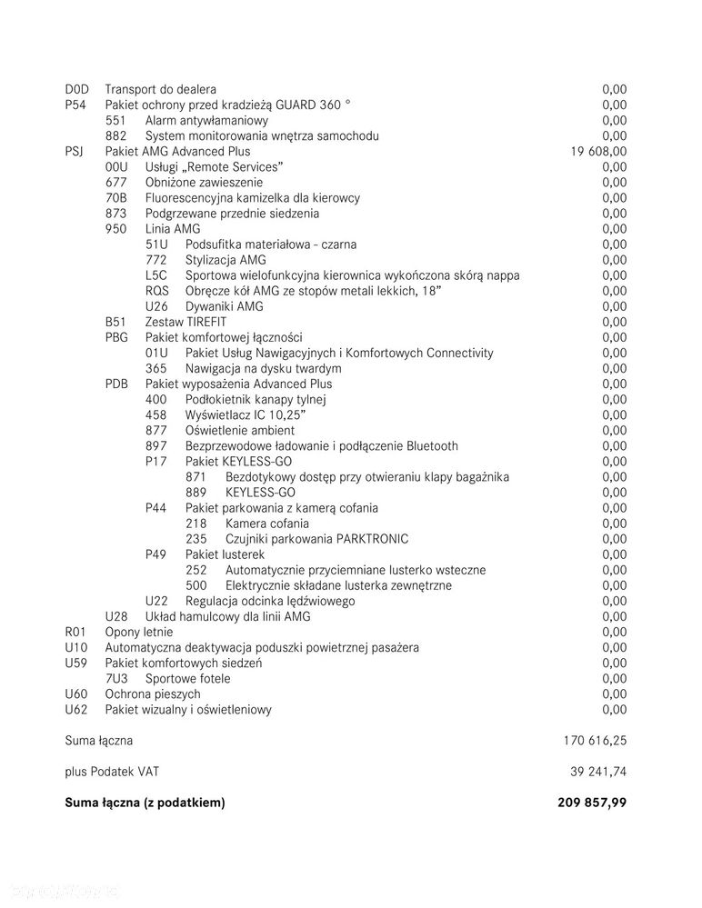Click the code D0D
(76, 89)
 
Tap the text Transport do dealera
(161, 89)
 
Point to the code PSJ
(75, 151)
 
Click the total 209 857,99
(592, 803)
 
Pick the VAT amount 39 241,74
(597, 772)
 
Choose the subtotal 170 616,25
(595, 741)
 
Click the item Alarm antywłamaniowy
(206, 120)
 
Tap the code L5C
(156, 275)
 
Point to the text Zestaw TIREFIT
(186, 322)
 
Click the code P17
(156, 462)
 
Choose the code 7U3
(116, 678)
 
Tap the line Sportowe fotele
(187, 678)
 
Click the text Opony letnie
(138, 632)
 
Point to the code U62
(76, 709)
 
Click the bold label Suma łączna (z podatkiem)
(145, 803)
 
